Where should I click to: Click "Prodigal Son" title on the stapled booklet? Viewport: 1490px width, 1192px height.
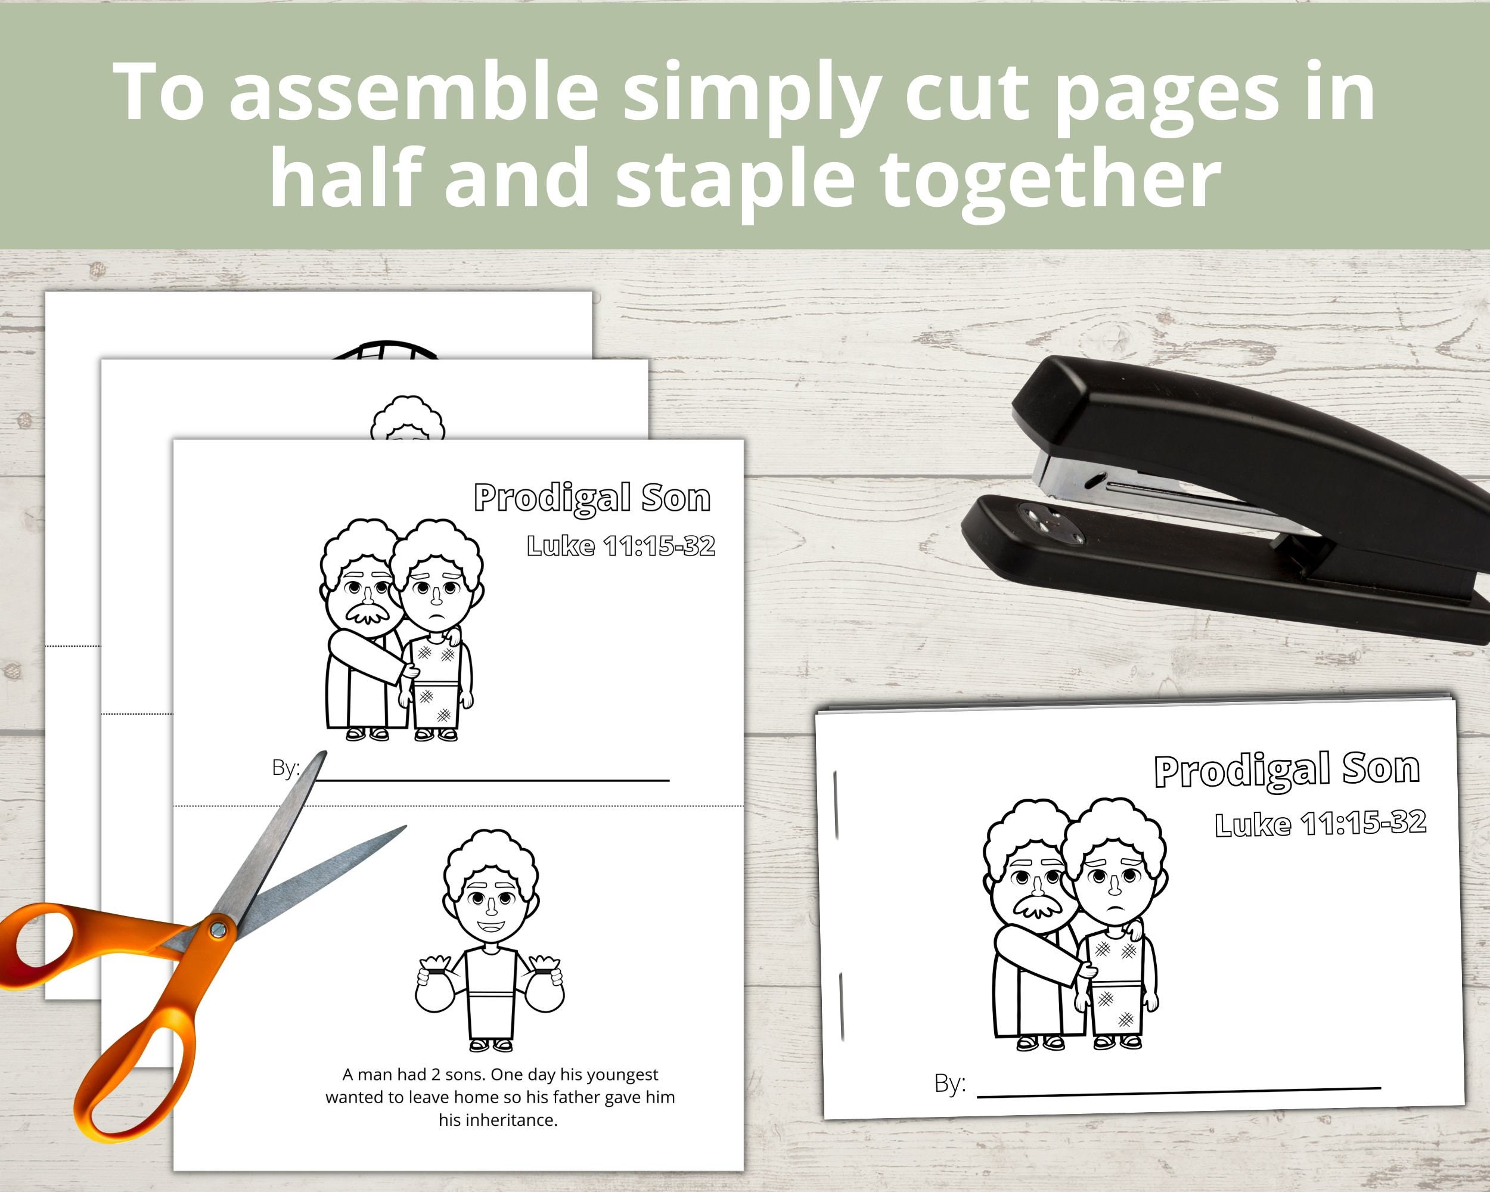click(x=1287, y=771)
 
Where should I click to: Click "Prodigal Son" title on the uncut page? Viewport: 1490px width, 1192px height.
click(x=592, y=498)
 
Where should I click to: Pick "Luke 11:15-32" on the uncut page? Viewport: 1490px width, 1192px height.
click(x=620, y=546)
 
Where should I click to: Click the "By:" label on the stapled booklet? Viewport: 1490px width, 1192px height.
click(x=949, y=1083)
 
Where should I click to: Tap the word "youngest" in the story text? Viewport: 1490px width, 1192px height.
click(x=623, y=1075)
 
